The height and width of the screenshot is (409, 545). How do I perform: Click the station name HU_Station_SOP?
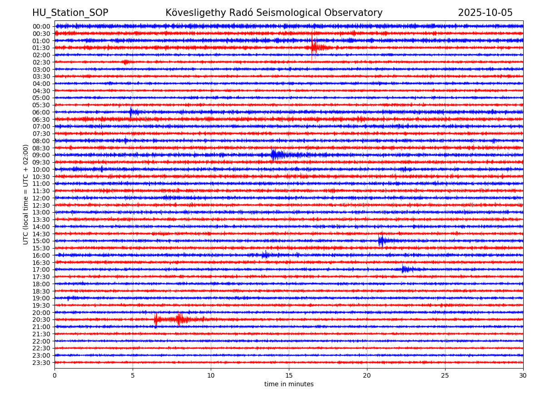click(70, 13)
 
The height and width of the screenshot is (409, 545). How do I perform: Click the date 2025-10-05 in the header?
click(485, 13)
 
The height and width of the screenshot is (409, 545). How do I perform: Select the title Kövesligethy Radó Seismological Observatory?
click(274, 13)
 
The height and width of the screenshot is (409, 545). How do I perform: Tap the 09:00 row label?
click(41, 155)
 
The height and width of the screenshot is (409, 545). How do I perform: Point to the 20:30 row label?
click(41, 320)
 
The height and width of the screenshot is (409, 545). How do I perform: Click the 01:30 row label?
click(41, 48)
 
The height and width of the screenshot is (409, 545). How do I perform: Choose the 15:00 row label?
click(41, 241)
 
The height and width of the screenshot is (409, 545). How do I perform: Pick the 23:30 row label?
click(41, 363)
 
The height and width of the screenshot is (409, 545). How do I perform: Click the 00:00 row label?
click(41, 26)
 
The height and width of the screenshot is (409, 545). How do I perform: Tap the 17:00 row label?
click(41, 269)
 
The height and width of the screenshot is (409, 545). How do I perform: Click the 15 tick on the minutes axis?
click(289, 376)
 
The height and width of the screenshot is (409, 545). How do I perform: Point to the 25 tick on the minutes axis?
click(445, 376)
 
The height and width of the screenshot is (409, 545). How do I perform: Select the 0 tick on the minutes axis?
click(54, 376)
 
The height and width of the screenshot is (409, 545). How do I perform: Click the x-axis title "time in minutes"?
click(289, 384)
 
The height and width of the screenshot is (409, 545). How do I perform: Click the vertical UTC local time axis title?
click(26, 194)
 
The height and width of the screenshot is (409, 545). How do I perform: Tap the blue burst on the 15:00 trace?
click(381, 241)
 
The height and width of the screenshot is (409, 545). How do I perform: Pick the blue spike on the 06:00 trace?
click(131, 112)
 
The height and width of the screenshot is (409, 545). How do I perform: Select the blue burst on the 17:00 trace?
click(405, 269)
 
